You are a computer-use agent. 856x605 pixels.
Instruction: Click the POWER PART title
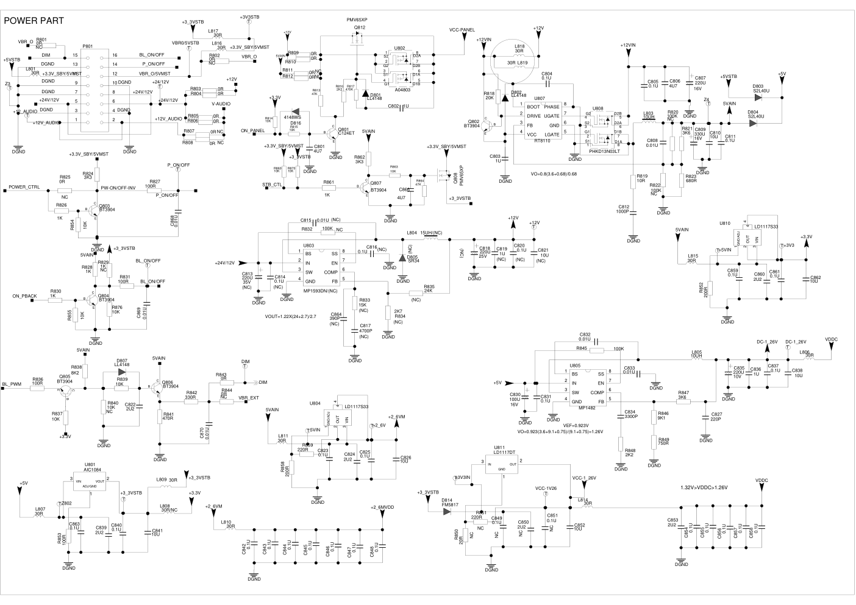[34, 20]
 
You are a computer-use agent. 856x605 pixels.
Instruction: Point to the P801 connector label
[87, 46]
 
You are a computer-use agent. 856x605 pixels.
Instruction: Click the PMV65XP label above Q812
[356, 20]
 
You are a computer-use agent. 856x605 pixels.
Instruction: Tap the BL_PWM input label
[12, 384]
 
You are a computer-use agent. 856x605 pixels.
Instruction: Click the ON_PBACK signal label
[25, 296]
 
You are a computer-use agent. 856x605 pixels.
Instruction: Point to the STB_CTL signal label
[272, 185]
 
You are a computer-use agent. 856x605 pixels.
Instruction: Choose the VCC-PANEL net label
[462, 29]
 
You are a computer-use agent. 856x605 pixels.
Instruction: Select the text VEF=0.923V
[576, 425]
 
